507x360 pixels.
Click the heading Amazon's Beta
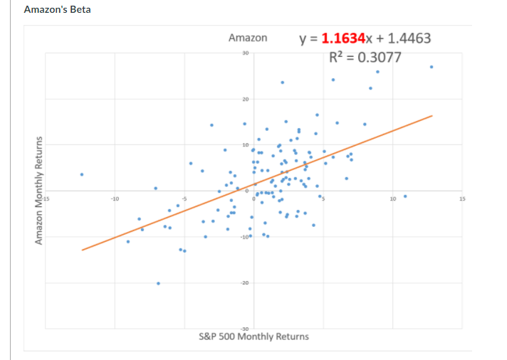57,10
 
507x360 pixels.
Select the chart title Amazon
248,38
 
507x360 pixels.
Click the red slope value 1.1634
345,38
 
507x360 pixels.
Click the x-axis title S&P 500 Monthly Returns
254,336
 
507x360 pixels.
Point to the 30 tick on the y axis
244,53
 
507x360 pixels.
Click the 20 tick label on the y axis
245,99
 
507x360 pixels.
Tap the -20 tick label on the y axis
244,283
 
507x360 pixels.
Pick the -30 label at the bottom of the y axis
244,328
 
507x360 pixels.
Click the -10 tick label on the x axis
115,199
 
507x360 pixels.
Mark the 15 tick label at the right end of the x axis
461,199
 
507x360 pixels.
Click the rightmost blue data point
432,67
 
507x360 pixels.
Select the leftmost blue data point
82,174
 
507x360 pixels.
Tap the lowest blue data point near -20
158,283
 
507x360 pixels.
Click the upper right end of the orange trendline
432,115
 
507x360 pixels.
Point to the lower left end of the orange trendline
82,250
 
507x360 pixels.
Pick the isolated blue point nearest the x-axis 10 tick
405,196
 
